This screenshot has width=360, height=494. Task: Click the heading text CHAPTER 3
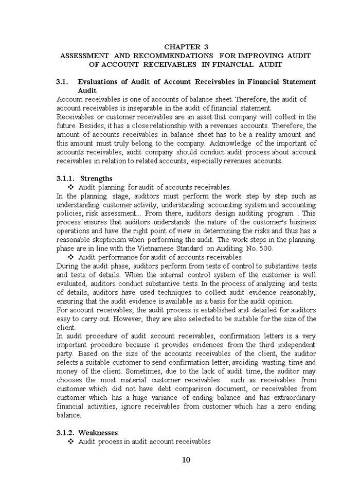click(186, 46)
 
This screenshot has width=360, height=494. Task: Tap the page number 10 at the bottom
click(186, 460)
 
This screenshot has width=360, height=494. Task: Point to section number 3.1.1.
click(66, 179)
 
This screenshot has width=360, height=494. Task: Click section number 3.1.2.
click(66, 433)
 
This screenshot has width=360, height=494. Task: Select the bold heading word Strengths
click(96, 179)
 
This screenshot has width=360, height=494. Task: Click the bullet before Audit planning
click(71, 187)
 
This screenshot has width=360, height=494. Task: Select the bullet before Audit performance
click(71, 257)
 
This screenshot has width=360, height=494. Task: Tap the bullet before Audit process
click(71, 442)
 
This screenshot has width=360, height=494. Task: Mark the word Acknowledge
click(229, 144)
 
